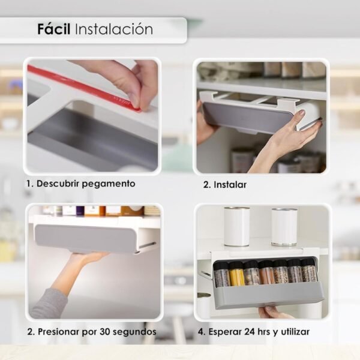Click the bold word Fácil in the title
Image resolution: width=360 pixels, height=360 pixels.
click(x=54, y=29)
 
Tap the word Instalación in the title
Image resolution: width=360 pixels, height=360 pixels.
click(x=114, y=29)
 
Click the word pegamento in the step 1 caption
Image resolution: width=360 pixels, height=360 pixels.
click(x=109, y=184)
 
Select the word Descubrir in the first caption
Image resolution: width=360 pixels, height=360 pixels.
click(x=58, y=184)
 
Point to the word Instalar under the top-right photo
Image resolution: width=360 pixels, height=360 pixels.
click(x=230, y=185)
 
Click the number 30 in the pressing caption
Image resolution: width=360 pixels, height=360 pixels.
click(x=105, y=332)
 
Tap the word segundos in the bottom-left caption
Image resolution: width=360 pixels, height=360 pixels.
click(x=134, y=332)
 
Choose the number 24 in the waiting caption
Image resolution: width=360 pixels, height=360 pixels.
click(x=250, y=332)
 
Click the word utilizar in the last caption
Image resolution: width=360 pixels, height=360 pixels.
click(x=295, y=332)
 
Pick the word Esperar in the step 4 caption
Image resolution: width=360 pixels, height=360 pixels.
click(x=225, y=332)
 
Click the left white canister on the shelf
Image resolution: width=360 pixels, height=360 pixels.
click(x=237, y=226)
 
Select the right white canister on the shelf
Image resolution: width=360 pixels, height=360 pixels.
click(x=284, y=227)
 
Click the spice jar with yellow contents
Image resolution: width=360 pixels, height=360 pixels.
click(x=236, y=274)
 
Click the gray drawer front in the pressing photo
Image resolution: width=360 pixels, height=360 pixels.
click(x=85, y=239)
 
